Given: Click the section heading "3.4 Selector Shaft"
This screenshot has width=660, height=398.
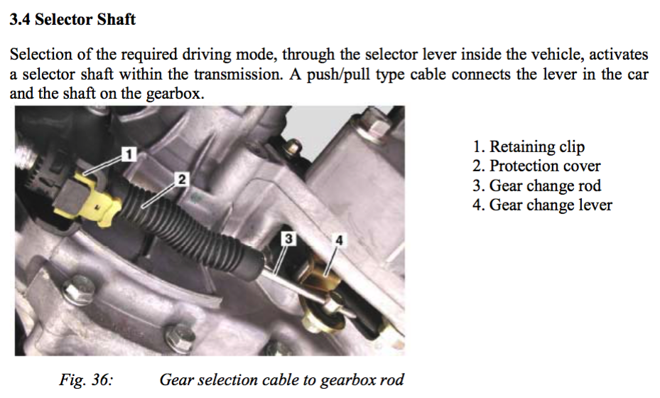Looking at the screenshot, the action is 72,19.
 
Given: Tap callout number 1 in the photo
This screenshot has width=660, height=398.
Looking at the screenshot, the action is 129,154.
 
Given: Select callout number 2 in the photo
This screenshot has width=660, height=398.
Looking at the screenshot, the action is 182,180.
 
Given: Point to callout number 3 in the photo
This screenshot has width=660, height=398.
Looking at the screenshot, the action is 288,239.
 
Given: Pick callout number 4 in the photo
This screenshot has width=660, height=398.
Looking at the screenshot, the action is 340,240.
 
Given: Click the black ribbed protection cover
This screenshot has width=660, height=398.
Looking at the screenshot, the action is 190,223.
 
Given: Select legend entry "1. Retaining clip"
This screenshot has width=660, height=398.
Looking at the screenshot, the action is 529,146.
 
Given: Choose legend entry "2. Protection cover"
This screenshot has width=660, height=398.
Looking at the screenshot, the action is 536,166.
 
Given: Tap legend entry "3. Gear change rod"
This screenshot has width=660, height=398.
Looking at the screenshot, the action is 536,185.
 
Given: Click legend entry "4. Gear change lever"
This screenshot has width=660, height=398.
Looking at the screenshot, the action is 542,205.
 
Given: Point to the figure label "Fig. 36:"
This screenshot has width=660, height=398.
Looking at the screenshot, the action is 86,380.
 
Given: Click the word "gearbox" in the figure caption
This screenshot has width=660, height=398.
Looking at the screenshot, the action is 348,380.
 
